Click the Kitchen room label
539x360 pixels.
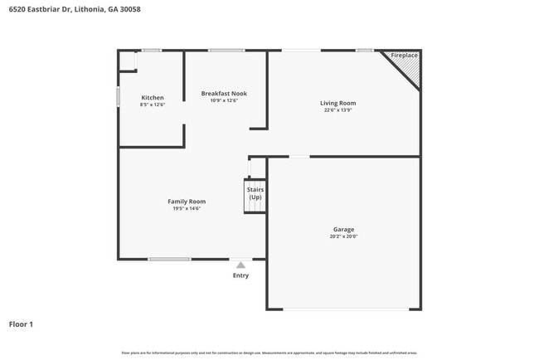153,98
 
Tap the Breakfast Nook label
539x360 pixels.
224,94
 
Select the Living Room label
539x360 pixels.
337,103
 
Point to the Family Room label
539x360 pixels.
187,202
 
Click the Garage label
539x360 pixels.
343,229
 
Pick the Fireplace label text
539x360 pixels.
405,55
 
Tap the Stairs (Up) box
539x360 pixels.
255,195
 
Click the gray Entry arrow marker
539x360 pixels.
240,265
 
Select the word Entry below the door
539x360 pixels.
240,275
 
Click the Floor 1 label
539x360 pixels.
21,324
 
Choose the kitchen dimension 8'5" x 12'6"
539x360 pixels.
153,105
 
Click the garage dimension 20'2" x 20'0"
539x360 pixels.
343,236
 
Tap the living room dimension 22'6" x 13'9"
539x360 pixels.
337,110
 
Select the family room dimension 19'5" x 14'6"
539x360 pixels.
187,208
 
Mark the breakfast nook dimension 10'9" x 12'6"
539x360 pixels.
224,101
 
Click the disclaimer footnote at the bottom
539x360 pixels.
269,353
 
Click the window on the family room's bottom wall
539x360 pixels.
169,260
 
